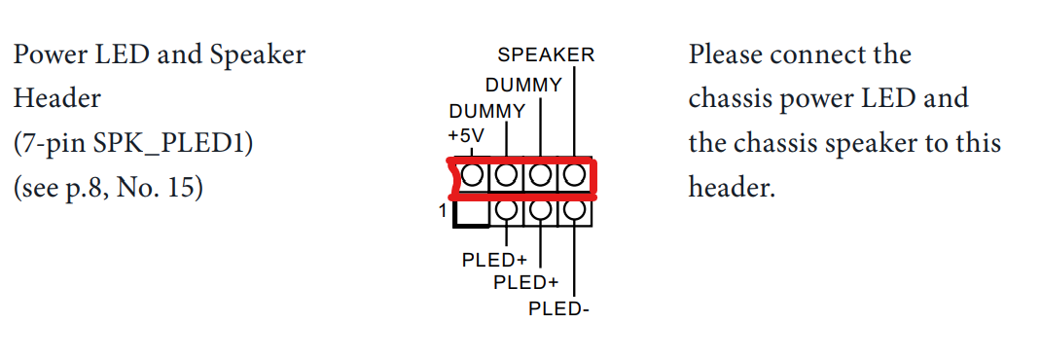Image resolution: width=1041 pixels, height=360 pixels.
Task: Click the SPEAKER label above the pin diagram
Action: [545, 55]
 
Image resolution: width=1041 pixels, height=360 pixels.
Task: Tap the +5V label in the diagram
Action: [465, 132]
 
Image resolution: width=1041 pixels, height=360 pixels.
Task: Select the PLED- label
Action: [559, 309]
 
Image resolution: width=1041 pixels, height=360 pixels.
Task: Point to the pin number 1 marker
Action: [443, 210]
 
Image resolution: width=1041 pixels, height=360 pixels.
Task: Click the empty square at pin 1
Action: [471, 209]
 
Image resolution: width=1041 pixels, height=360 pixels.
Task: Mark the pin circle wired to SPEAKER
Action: [575, 176]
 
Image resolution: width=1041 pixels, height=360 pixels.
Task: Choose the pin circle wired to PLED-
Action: [575, 209]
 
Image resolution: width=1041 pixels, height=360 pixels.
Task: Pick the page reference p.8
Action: [83, 187]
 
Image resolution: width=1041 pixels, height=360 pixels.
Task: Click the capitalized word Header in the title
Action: [56, 98]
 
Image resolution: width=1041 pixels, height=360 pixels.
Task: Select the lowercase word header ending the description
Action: [732, 187]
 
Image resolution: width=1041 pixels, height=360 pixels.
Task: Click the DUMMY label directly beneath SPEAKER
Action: [523, 86]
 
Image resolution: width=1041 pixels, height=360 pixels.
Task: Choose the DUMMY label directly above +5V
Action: [486, 111]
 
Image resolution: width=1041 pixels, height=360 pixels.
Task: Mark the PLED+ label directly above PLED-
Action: [525, 283]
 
